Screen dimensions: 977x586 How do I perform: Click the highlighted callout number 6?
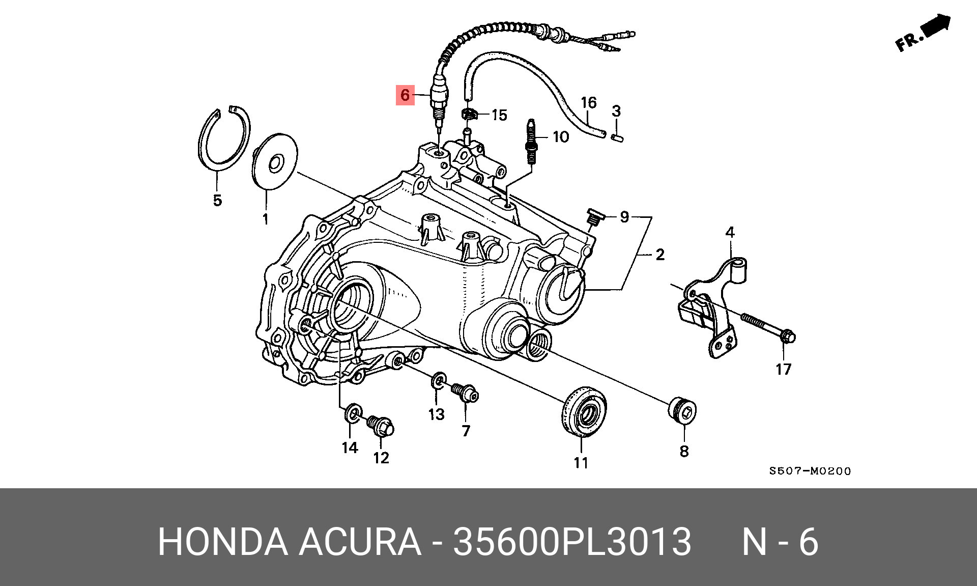click(405, 95)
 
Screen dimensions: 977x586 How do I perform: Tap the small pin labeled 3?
click(617, 137)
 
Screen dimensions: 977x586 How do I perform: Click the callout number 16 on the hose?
click(589, 102)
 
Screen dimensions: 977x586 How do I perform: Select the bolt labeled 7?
click(465, 393)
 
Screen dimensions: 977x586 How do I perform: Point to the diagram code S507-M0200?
click(810, 471)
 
